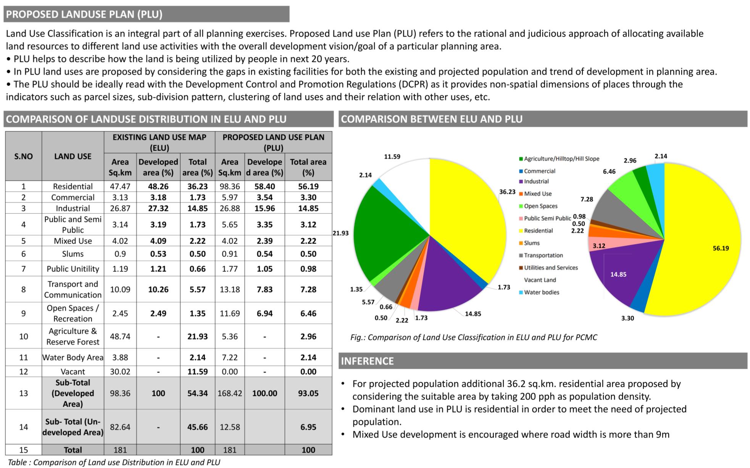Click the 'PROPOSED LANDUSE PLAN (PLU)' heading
(x=84, y=15)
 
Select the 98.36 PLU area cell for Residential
(x=229, y=186)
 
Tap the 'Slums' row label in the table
(x=73, y=254)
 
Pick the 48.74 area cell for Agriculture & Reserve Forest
(x=120, y=336)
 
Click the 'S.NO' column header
(x=23, y=156)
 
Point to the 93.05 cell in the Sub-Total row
(x=308, y=393)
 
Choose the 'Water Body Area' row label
(x=73, y=357)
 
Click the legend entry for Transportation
(x=543, y=255)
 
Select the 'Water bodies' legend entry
(x=541, y=292)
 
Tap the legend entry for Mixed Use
(x=537, y=194)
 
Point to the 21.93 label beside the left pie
(x=340, y=233)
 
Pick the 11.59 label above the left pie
(x=392, y=157)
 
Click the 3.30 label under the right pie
(x=627, y=318)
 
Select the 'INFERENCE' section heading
(x=367, y=361)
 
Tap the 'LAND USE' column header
(x=73, y=156)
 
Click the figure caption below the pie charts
(x=474, y=337)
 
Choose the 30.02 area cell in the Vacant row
(x=120, y=371)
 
